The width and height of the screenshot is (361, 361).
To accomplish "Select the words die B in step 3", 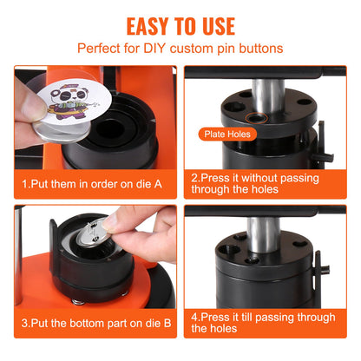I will (148, 323).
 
